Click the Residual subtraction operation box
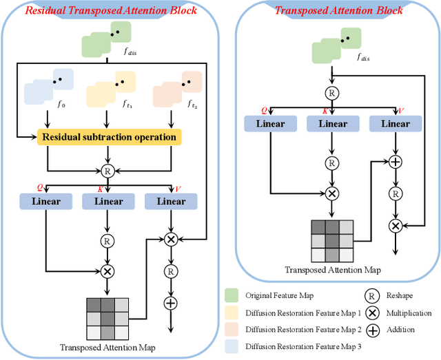[109, 137]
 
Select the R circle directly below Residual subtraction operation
[107, 171]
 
